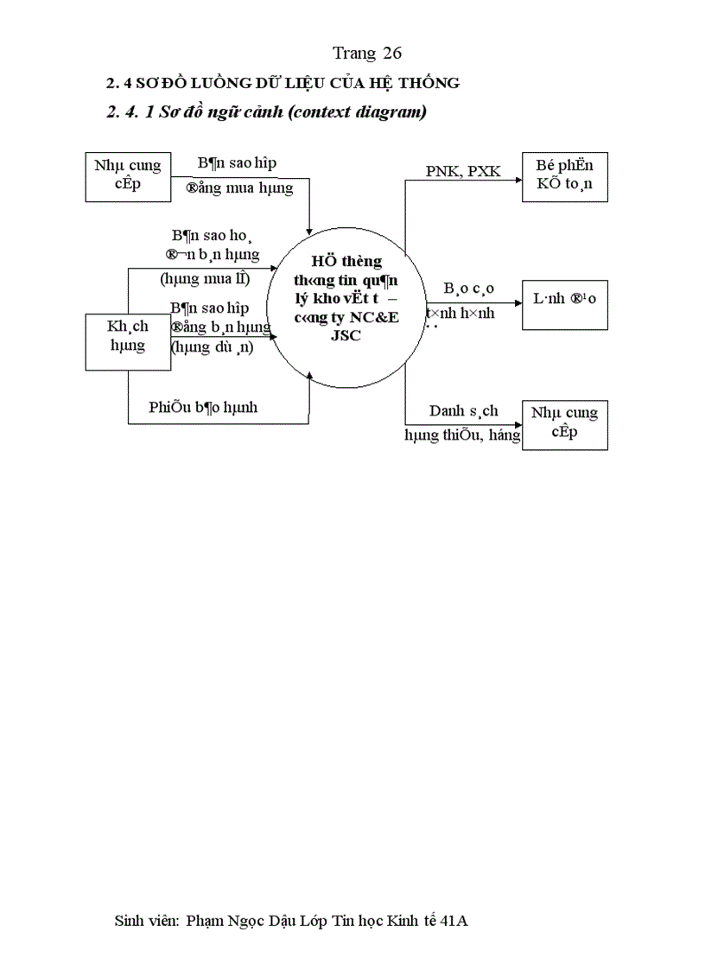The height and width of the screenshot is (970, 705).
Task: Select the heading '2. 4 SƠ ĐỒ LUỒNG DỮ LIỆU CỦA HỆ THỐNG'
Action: (283, 84)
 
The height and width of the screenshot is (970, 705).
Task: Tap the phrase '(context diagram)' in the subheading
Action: (356, 112)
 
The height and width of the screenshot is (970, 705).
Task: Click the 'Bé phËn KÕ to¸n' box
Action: (565, 177)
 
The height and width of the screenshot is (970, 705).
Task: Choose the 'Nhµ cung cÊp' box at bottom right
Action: (565, 424)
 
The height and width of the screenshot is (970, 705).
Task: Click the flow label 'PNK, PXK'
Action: (463, 171)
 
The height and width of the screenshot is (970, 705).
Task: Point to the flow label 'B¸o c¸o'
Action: (469, 288)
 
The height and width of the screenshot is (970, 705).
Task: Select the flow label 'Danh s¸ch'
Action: (463, 412)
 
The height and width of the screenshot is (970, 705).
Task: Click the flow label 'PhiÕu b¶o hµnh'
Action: (203, 407)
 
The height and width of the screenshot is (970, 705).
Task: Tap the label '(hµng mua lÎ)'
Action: (205, 278)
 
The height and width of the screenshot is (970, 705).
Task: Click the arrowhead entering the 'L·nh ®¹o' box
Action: (518, 303)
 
